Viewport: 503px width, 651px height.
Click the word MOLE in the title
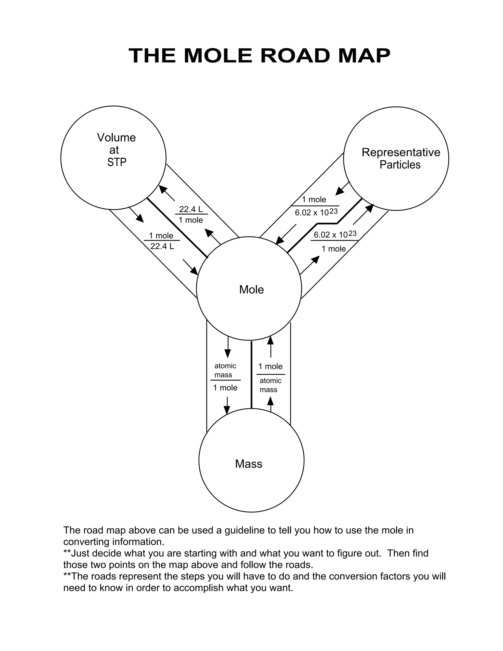tap(218, 56)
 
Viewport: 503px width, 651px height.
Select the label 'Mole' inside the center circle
tap(251, 289)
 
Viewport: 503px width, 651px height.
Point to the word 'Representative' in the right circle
tap(401, 152)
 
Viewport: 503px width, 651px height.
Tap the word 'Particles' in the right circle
tap(400, 165)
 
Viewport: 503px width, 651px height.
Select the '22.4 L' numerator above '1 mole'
tap(191, 209)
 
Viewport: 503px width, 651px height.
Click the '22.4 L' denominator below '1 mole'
tap(162, 246)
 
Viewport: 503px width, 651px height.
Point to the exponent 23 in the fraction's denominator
tap(334, 211)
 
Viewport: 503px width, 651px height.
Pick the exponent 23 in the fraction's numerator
tap(352, 233)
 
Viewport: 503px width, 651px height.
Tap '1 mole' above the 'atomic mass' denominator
tap(270, 366)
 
